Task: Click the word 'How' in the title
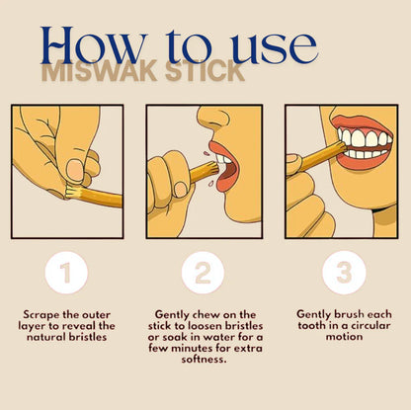(94, 47)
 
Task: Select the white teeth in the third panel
(361, 139)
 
